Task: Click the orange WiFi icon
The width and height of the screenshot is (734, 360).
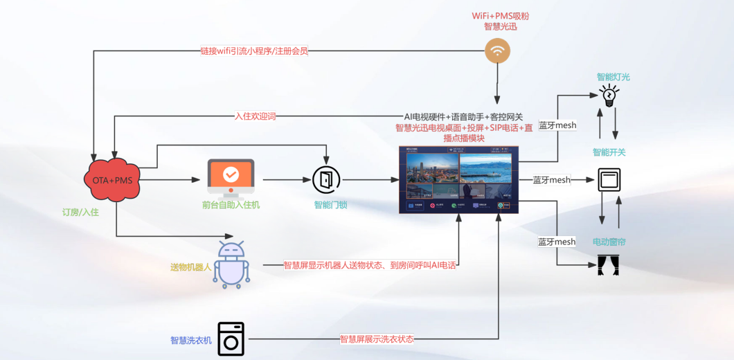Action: coord(497,51)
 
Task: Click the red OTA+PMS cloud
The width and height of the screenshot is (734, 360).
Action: coord(113,180)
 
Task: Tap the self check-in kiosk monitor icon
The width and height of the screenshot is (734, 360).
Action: coord(231,177)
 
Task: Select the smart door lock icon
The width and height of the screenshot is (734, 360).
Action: coord(326,180)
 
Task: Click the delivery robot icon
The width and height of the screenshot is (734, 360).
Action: coord(231,264)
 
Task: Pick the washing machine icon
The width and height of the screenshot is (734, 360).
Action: coord(231,339)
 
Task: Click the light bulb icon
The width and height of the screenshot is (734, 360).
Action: coord(609,96)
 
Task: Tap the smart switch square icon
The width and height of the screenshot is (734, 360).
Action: coord(609,180)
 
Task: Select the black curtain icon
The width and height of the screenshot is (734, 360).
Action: coord(608,265)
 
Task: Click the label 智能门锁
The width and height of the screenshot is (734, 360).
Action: coord(330,205)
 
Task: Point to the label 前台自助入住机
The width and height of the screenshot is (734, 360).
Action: coord(231,205)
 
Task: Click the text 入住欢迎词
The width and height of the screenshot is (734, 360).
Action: coord(256,116)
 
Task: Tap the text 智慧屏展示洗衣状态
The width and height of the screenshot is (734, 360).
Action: coord(377,339)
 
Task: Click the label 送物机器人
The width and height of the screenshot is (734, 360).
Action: coord(191,267)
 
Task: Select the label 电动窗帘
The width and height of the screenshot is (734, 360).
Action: coord(609,242)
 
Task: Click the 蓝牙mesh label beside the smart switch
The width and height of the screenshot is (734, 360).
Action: coord(552,180)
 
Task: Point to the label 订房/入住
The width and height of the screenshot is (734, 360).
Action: coord(80,212)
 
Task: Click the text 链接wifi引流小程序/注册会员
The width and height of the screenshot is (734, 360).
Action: coord(254,51)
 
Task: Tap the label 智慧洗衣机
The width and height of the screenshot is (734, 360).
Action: coord(191,341)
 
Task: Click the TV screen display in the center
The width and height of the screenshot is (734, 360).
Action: coord(458,179)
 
